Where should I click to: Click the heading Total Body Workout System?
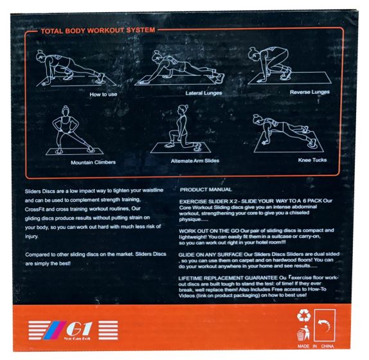[98, 31]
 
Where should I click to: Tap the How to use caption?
[104, 94]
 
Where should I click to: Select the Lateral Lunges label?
[204, 93]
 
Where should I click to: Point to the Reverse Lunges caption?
[310, 92]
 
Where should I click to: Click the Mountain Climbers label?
[93, 163]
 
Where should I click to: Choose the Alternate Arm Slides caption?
[195, 161]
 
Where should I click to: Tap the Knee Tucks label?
[312, 160]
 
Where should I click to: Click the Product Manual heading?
[206, 190]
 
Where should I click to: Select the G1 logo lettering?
[78, 328]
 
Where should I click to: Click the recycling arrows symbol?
[304, 316]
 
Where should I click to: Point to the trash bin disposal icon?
[303, 333]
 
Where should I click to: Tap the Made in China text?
[316, 346]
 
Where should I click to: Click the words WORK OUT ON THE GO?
[209, 231]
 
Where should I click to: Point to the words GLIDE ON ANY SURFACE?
[210, 255]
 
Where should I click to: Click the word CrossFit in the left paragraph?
[35, 210]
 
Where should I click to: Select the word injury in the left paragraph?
[32, 236]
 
